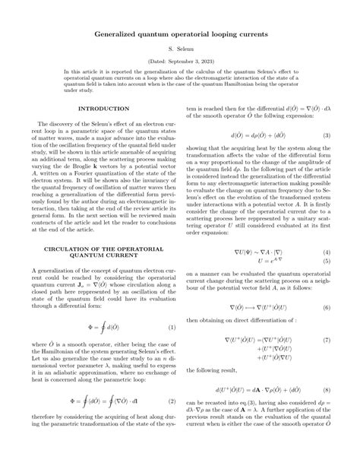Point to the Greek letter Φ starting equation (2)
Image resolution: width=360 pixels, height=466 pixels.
click(73, 401)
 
